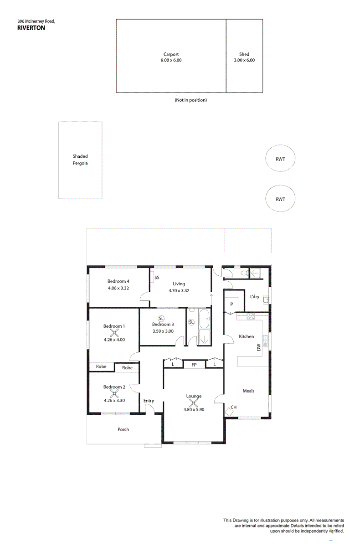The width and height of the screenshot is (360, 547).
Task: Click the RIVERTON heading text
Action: (x=31, y=28)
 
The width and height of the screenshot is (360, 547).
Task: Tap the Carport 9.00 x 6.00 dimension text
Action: (x=171, y=60)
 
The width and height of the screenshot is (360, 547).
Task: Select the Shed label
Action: (x=244, y=54)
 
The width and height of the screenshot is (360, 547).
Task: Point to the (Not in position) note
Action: (x=190, y=100)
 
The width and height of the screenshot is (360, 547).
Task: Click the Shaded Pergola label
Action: (x=80, y=160)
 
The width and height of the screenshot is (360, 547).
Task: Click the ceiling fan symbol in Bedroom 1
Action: (x=114, y=333)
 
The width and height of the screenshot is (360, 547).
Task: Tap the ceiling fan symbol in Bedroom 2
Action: (x=114, y=393)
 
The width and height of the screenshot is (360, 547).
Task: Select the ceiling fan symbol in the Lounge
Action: (x=194, y=403)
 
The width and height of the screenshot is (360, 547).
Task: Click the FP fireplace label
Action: (x=194, y=365)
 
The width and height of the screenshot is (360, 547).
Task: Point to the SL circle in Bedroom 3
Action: (x=161, y=319)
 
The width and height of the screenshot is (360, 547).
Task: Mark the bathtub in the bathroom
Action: (x=204, y=319)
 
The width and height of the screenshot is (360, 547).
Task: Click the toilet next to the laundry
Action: (x=244, y=273)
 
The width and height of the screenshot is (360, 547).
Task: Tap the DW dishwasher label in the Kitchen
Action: (x=259, y=347)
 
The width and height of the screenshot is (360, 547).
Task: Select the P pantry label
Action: (x=231, y=304)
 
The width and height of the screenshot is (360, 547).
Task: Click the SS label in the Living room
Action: (x=157, y=278)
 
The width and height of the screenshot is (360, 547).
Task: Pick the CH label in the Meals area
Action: (x=234, y=407)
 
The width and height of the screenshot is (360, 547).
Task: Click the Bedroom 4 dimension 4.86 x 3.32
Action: (x=118, y=288)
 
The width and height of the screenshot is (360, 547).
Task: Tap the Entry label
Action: (x=149, y=401)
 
